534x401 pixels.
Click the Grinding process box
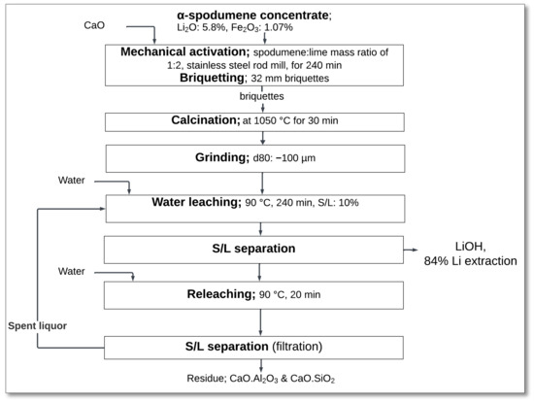[x=258, y=159]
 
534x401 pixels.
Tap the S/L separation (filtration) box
[x=258, y=347]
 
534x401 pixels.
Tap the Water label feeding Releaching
[x=69, y=271]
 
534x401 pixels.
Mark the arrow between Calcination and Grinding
[x=258, y=139]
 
